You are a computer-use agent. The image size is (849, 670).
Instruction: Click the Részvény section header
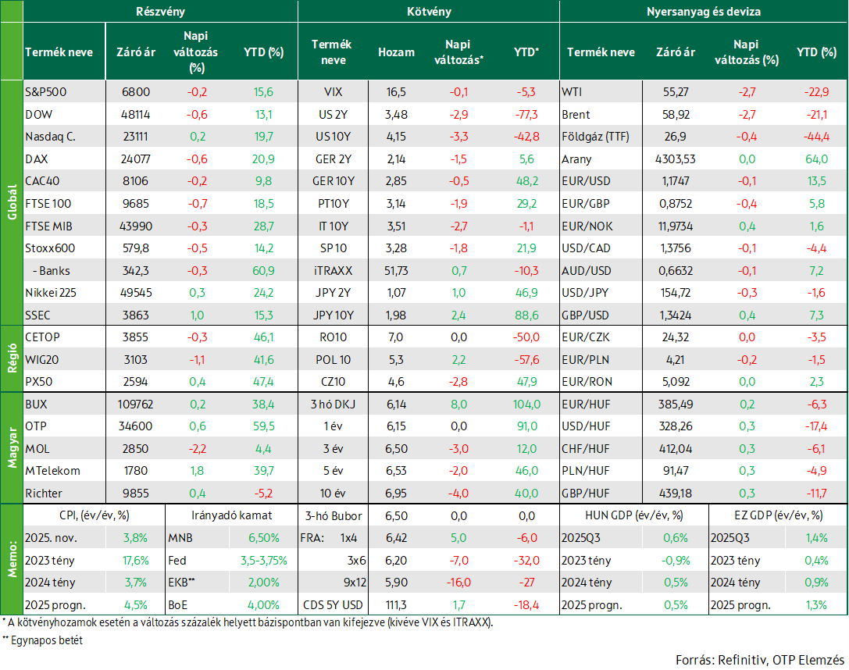point(160,12)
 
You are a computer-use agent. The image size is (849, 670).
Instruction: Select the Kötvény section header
point(429,12)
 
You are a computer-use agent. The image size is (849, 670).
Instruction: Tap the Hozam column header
point(396,52)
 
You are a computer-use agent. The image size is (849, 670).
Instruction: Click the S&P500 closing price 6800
point(135,92)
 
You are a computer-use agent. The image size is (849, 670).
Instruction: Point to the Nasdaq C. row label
point(50,137)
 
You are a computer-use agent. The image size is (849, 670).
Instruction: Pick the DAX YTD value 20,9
point(264,159)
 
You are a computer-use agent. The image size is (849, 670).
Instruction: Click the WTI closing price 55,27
point(676,92)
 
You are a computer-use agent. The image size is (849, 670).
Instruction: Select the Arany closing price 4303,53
point(675,159)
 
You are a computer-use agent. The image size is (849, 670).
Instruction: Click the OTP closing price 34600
point(135,426)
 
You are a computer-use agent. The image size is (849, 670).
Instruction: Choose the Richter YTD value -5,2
point(264,494)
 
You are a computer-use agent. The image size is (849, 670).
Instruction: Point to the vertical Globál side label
point(12,202)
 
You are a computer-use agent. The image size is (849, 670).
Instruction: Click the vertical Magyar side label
point(12,448)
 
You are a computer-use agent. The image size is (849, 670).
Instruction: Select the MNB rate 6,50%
point(264,538)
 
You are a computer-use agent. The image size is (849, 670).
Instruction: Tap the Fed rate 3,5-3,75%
point(264,561)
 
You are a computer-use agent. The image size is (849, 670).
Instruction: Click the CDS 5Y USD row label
point(333,605)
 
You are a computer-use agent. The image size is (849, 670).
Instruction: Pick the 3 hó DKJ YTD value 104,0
point(527,404)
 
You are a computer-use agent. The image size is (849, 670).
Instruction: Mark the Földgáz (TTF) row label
point(596,137)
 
